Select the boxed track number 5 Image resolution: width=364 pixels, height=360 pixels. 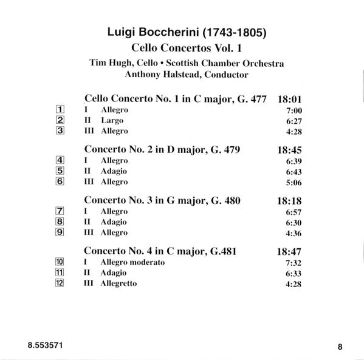(60, 171)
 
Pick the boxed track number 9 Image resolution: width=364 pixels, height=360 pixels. (60, 232)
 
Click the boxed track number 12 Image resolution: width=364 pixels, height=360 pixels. (60, 283)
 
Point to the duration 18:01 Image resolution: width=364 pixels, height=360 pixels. (290, 97)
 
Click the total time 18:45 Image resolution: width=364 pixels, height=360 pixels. (290, 149)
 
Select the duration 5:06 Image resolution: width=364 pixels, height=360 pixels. (294, 182)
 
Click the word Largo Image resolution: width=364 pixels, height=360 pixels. (112, 120)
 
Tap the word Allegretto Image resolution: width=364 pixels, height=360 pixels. (119, 283)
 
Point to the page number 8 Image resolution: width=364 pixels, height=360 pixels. (340, 347)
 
